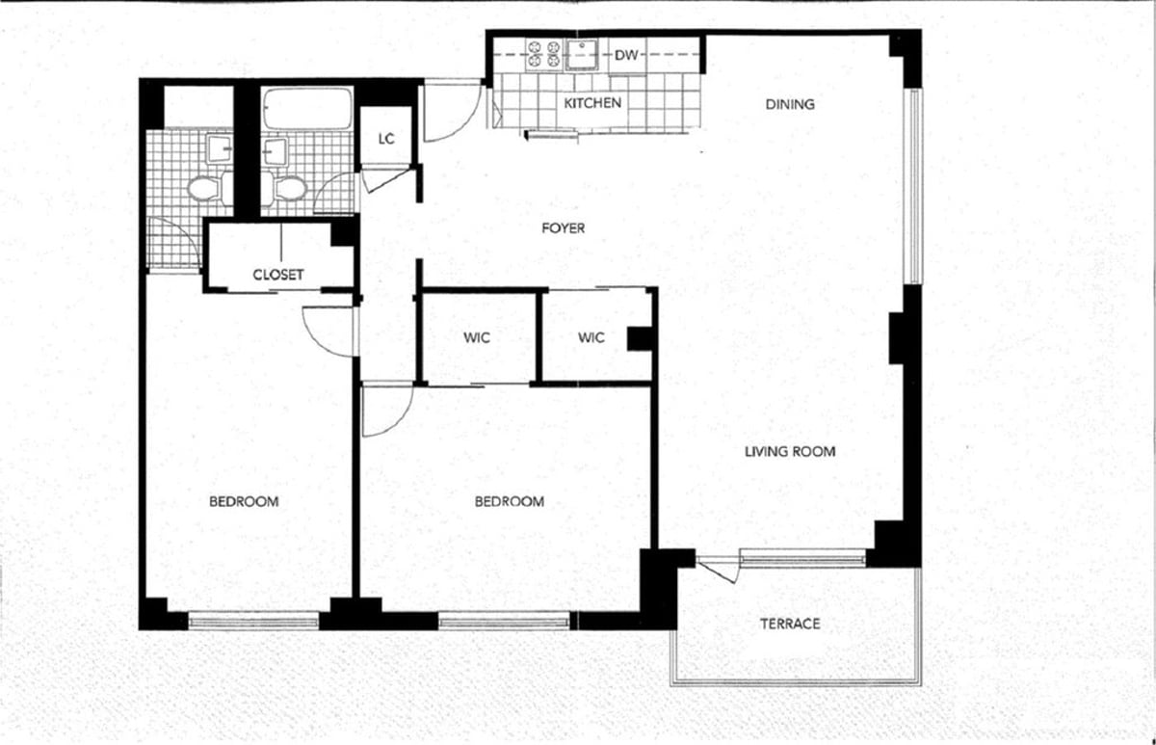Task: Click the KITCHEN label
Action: click(x=592, y=103)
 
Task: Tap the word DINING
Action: click(x=790, y=104)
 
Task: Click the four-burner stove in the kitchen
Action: click(x=543, y=54)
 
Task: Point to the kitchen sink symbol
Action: click(x=582, y=54)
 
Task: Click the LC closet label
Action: click(x=386, y=139)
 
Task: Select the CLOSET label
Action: click(x=278, y=275)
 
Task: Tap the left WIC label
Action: click(x=477, y=337)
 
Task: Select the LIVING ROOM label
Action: click(x=789, y=451)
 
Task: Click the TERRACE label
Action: click(x=790, y=624)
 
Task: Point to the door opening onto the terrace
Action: click(x=718, y=570)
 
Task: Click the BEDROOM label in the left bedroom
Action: click(x=244, y=501)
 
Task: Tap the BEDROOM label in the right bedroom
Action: click(x=510, y=501)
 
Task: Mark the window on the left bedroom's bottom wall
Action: click(x=253, y=621)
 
